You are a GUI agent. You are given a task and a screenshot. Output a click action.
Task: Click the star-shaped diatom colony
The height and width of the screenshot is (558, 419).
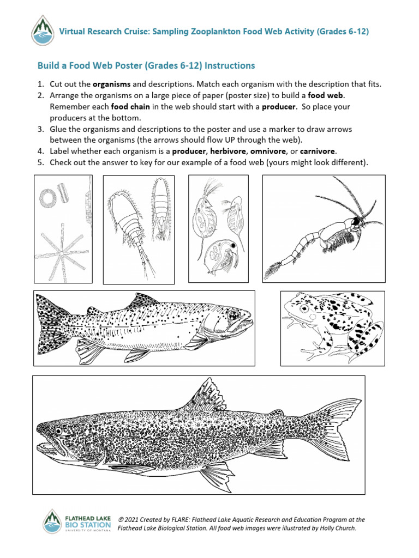click(62, 250)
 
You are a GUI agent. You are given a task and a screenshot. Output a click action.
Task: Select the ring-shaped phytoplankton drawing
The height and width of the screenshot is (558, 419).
click(47, 197)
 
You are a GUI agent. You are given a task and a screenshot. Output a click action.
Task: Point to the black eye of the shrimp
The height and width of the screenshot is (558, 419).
click(355, 221)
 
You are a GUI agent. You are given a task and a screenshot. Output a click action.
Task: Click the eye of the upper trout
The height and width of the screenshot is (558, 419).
click(235, 316)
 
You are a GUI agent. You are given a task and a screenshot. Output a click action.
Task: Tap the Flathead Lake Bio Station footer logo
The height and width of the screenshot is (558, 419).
click(77, 522)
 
